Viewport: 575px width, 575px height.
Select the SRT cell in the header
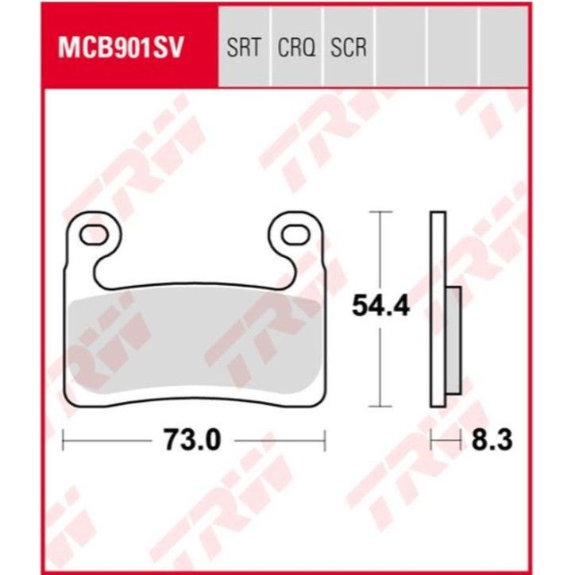coord(244,48)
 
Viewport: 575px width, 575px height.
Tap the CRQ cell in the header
coord(296,48)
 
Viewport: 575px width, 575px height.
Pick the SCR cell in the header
coord(349,48)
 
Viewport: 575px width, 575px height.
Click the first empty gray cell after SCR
coord(401,48)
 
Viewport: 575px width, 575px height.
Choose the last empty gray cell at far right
coord(506,48)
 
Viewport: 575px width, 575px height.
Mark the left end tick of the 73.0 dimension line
coord(64,438)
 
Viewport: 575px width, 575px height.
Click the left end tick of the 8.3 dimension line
coord(431,438)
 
